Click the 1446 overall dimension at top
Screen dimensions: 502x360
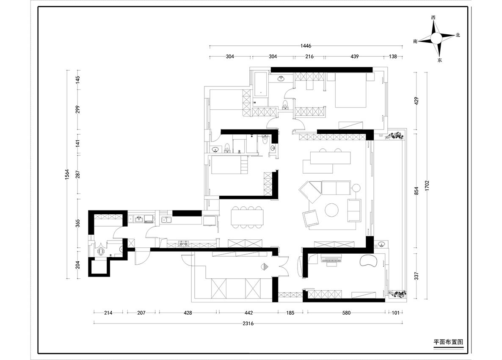[306, 46]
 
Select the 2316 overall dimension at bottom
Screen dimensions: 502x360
[248, 324]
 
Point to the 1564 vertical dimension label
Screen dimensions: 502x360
[67, 174]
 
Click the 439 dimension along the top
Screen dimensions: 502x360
[354, 56]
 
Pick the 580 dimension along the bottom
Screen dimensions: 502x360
[346, 313]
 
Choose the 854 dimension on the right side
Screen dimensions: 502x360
[416, 191]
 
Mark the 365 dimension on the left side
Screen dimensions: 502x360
[77, 223]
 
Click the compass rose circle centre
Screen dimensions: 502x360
[436, 39]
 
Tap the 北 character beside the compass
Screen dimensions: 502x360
[458, 35]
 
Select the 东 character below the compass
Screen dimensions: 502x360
[440, 60]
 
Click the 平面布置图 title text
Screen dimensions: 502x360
[448, 342]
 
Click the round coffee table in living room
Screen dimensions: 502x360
[332, 210]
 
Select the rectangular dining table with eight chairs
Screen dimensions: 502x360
[248, 217]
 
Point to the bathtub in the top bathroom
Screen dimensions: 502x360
[261, 85]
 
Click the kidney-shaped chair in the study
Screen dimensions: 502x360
[369, 260]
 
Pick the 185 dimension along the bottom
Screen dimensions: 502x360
[290, 313]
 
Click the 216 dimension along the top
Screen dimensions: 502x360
[309, 56]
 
